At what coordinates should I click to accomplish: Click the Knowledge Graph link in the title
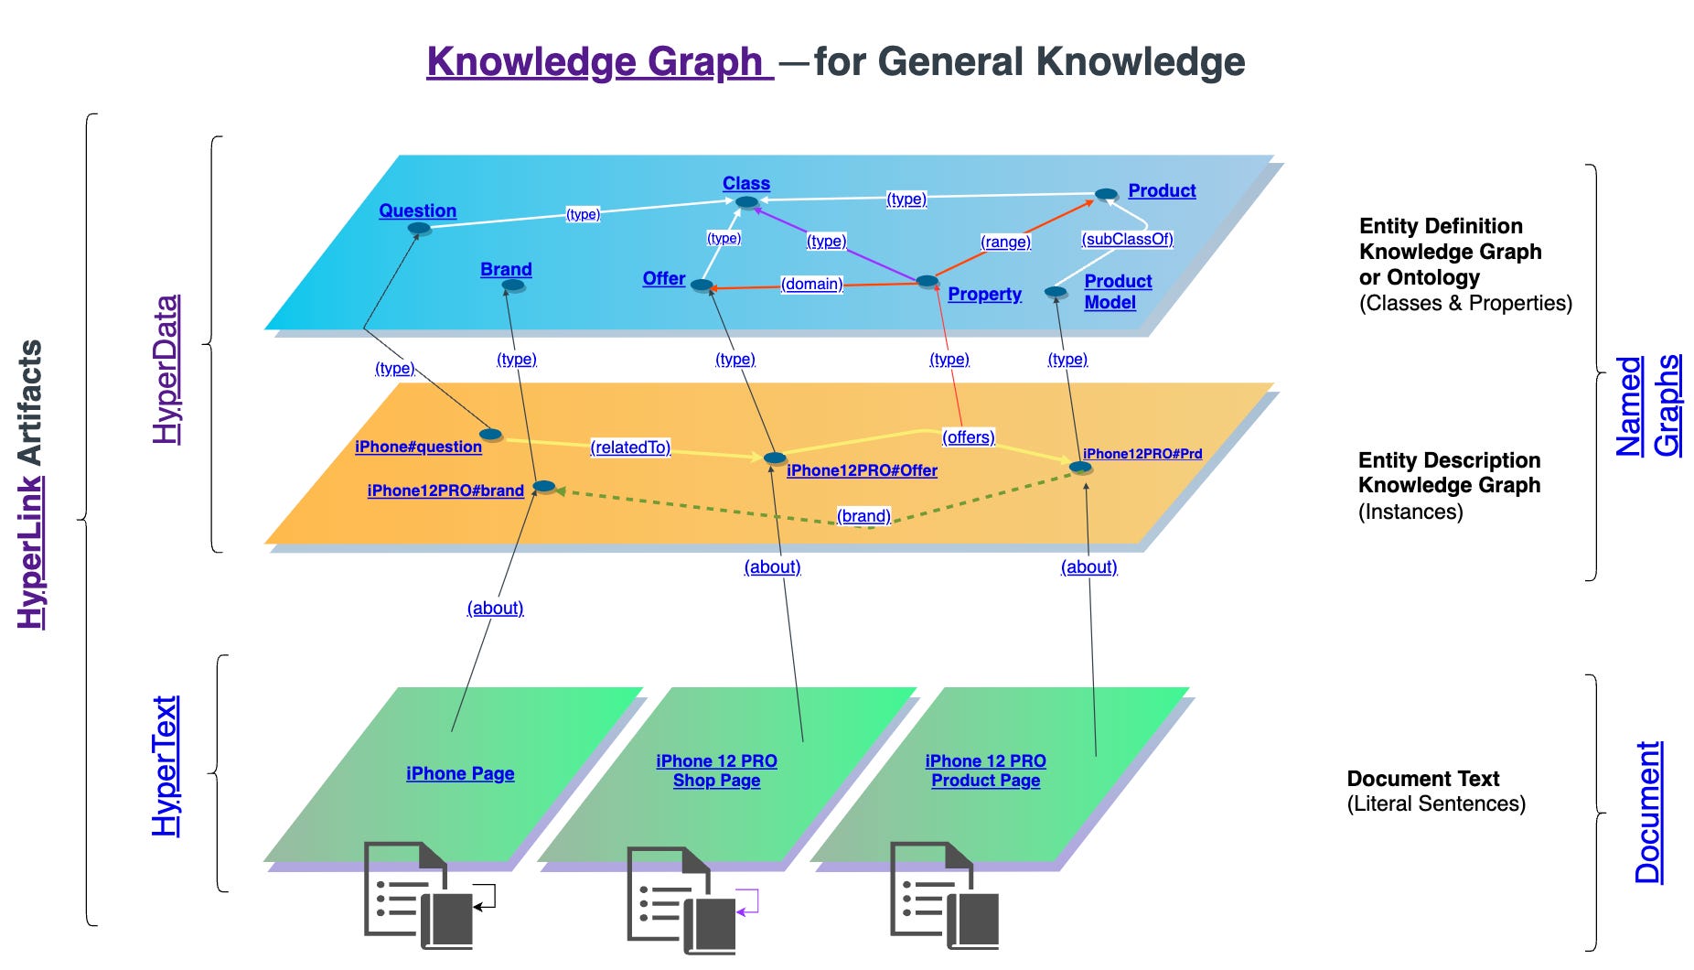(x=598, y=62)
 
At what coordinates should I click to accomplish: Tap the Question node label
(x=417, y=210)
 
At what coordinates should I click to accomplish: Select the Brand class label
(x=506, y=269)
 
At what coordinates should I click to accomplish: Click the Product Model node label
(x=1117, y=291)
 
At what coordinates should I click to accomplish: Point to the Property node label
(x=984, y=294)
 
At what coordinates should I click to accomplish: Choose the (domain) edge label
(x=811, y=284)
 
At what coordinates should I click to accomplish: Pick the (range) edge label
(x=1005, y=242)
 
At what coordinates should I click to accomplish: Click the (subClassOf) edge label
(x=1127, y=239)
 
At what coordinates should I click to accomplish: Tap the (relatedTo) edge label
(x=630, y=447)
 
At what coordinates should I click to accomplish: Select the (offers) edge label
(x=968, y=436)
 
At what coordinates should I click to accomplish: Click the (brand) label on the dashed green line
(x=863, y=515)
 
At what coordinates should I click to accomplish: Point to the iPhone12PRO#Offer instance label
(x=862, y=470)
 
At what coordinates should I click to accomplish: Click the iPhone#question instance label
(x=418, y=447)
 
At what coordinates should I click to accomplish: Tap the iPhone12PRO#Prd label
(x=1142, y=453)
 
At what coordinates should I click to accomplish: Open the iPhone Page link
(x=460, y=773)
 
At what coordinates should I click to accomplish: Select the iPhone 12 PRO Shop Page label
(x=716, y=771)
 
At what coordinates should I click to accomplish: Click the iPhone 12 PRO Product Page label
(x=985, y=771)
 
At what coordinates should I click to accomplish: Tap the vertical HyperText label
(x=165, y=766)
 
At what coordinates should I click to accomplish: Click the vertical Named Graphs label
(x=1647, y=405)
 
